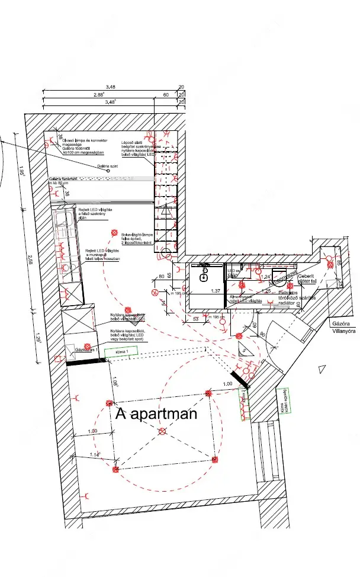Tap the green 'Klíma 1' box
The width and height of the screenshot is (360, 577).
[121, 351]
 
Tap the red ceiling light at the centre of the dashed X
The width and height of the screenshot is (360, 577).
[163, 431]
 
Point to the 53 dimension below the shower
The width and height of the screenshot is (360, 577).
[195, 319]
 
